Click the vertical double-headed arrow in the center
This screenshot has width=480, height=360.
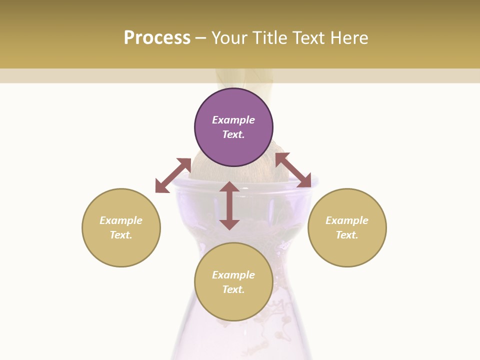tap(229, 205)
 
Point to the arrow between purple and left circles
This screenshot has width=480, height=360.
tap(173, 175)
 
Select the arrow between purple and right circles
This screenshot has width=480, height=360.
tap(293, 170)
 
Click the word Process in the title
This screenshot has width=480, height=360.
tap(157, 37)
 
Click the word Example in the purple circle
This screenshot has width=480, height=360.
tap(233, 120)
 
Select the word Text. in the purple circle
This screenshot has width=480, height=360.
tap(233, 134)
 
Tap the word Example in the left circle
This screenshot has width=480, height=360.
tap(121, 220)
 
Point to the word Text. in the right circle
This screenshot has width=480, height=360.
tap(347, 235)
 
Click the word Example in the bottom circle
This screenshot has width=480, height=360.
tap(233, 275)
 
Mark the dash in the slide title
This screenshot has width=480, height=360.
tap(201, 38)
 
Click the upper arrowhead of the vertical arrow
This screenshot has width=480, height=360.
tap(229, 187)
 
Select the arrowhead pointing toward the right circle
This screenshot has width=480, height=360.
tap(304, 181)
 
